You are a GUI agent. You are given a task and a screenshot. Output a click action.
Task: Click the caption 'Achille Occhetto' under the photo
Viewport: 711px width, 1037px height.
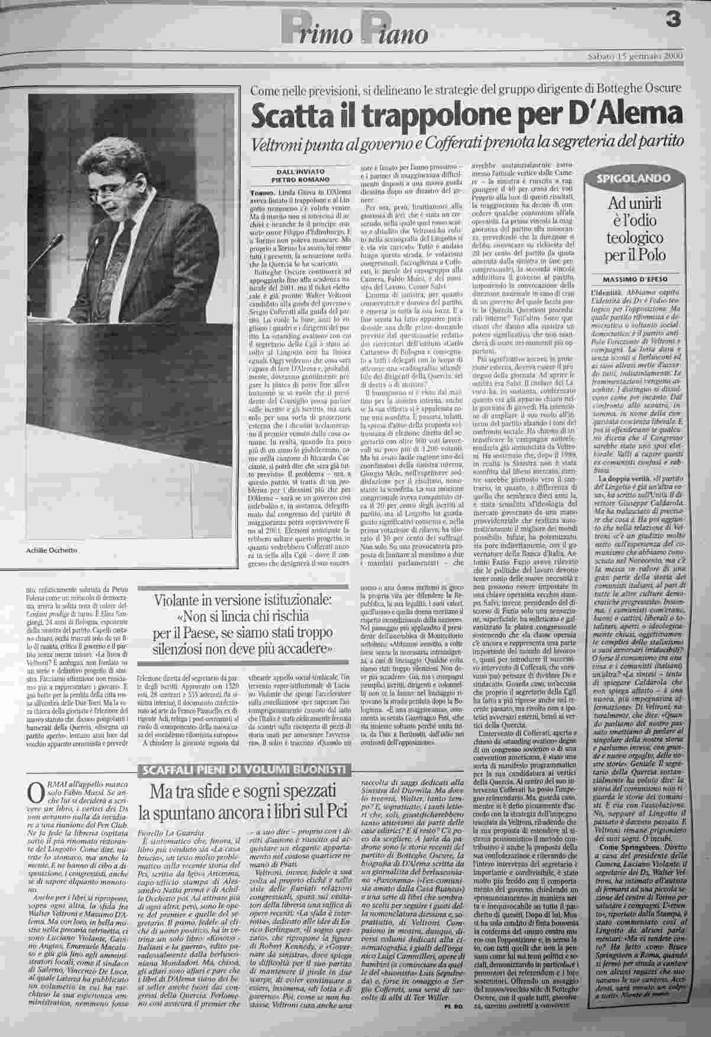point(52,551)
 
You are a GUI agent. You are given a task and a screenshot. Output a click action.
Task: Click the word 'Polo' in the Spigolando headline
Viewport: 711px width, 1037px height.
point(653,255)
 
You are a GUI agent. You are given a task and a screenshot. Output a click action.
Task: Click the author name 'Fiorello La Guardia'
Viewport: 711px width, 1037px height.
point(164,831)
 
